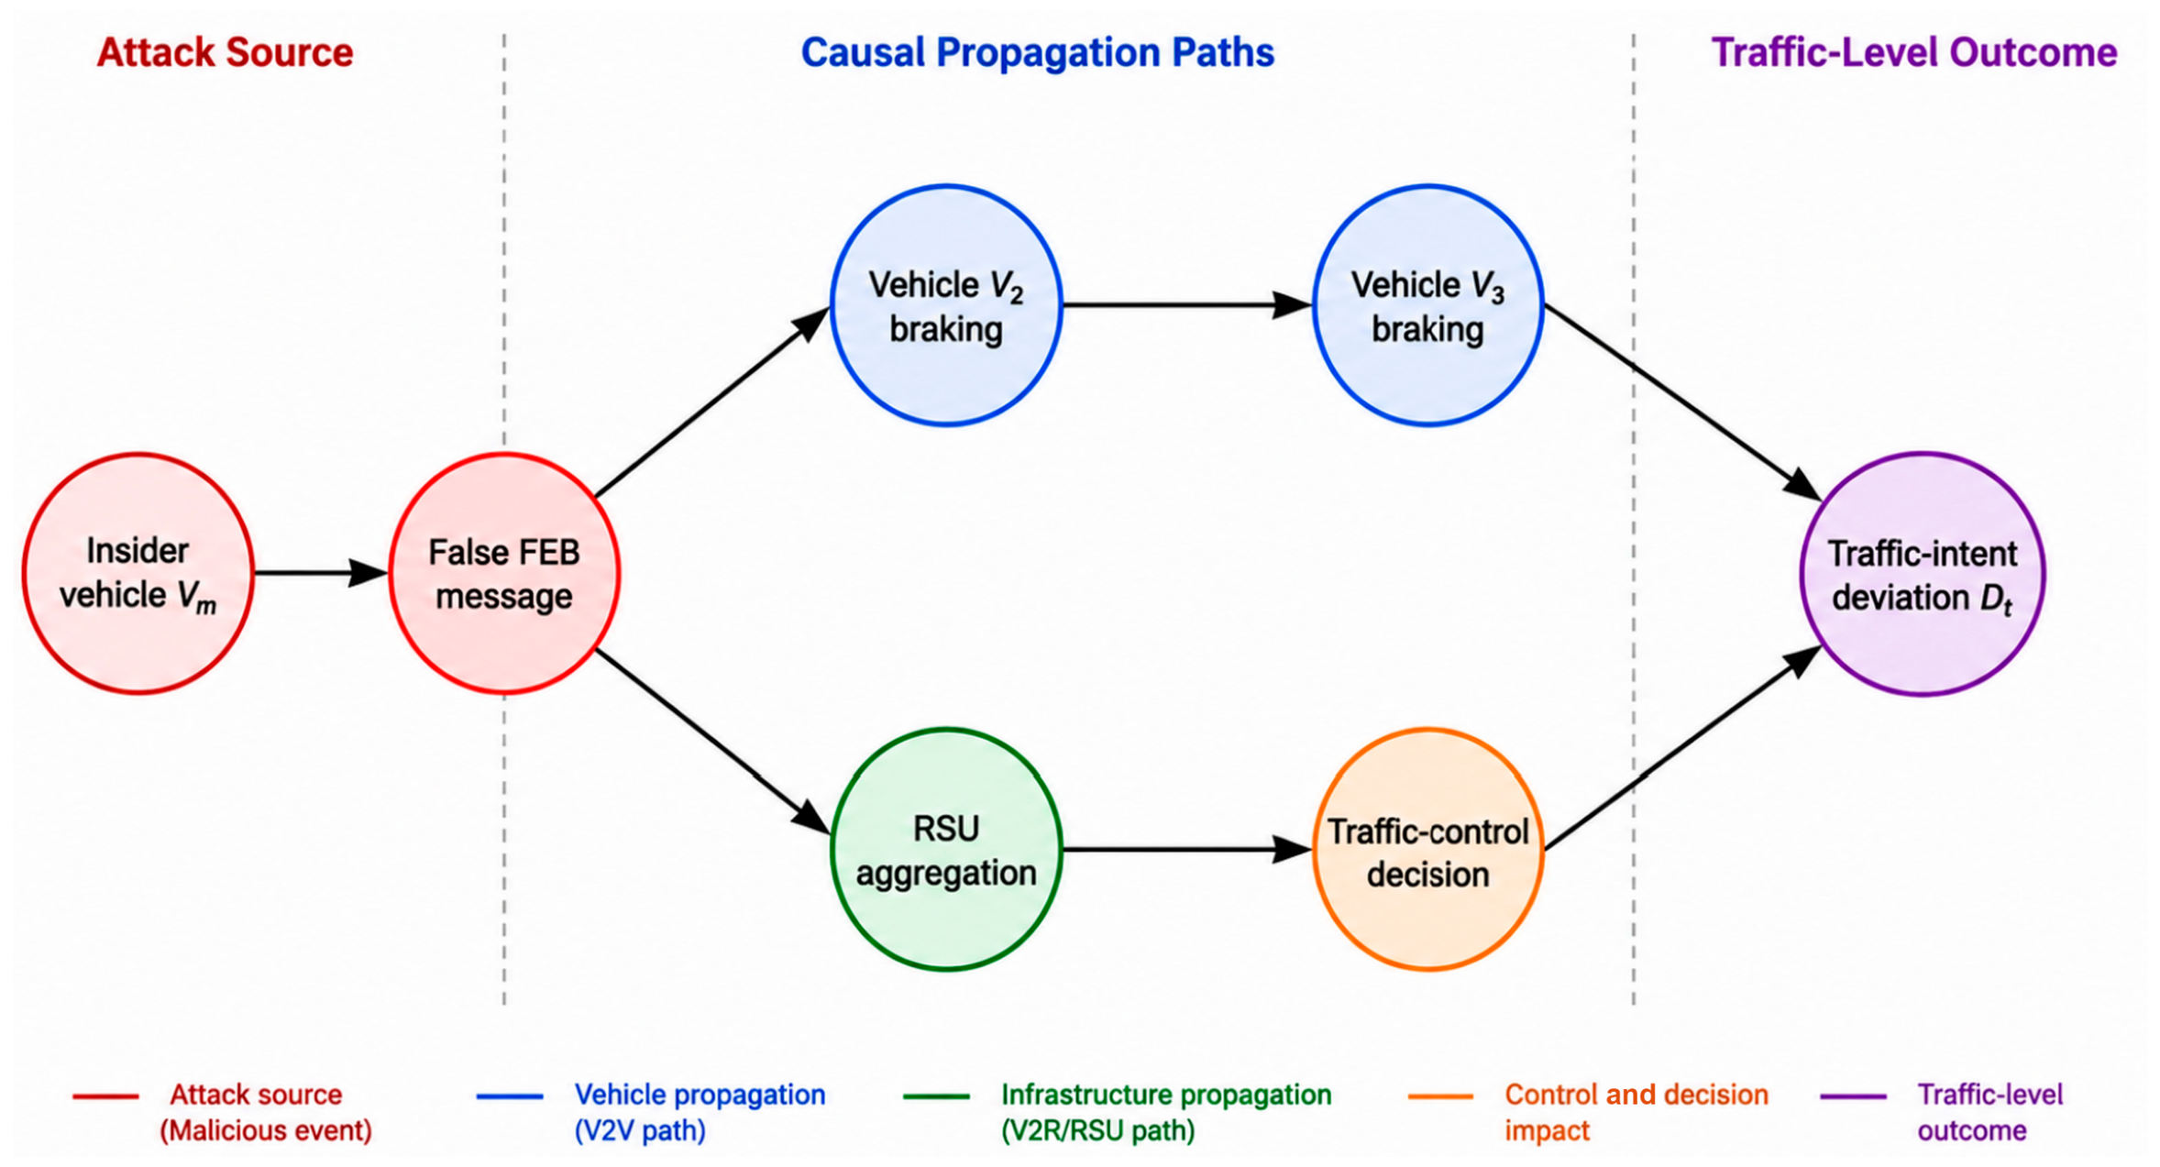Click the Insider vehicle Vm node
tap(138, 573)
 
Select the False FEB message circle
tap(504, 573)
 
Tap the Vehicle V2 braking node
tap(946, 305)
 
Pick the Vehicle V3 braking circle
tap(1428, 305)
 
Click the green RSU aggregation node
tap(946, 849)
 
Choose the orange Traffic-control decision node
tap(1428, 849)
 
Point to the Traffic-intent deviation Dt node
tap(1923, 574)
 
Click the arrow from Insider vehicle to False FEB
tap(321, 573)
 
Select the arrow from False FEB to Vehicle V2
tap(712, 402)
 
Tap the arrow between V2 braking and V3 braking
tap(1187, 304)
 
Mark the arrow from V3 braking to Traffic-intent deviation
tap(1683, 402)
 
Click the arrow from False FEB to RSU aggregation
tap(712, 743)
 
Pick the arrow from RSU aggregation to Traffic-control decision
tap(1187, 850)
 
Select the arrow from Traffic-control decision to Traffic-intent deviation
tap(1683, 747)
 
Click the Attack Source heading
tap(225, 52)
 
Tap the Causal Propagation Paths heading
tap(1038, 52)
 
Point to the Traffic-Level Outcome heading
tap(1914, 52)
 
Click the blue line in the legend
tap(510, 1096)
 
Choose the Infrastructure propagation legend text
tap(1165, 1113)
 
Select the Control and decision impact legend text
tap(1637, 1113)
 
